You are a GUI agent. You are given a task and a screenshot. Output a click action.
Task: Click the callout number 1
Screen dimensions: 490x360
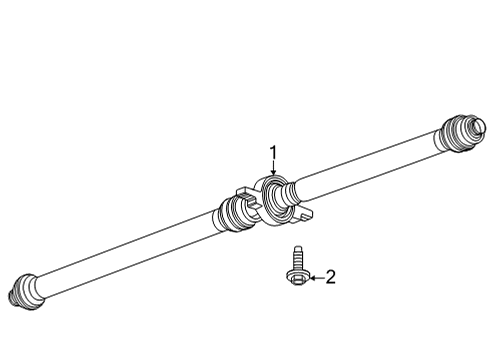pyautogui.click(x=271, y=153)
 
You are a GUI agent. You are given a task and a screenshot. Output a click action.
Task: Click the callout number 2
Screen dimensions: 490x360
pyautogui.click(x=331, y=277)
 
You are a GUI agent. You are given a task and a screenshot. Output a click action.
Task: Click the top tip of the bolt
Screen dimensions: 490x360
pyautogui.click(x=296, y=249)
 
